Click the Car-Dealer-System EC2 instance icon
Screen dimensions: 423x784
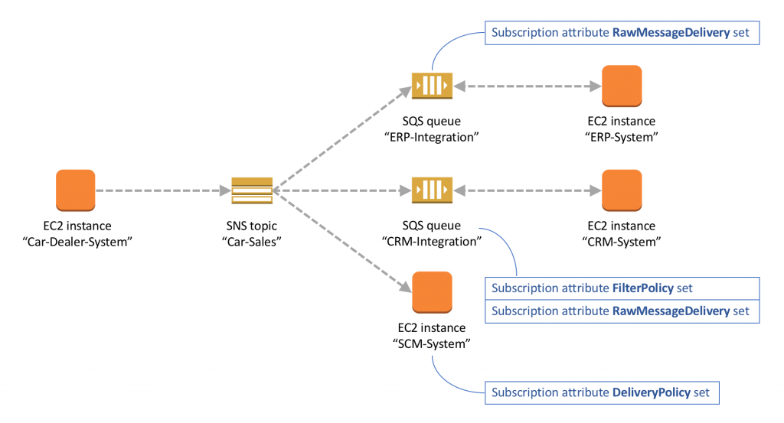(x=75, y=189)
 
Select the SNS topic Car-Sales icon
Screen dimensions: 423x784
(x=252, y=190)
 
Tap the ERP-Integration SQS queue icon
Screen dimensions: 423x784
(x=432, y=85)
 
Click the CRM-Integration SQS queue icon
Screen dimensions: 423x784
(x=432, y=190)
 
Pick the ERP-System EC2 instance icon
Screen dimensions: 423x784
(x=621, y=85)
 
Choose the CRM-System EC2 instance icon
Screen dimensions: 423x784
(x=621, y=189)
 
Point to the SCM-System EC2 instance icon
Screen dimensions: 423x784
(x=432, y=292)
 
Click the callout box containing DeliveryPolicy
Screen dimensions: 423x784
(x=602, y=393)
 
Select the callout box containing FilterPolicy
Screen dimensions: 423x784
(x=622, y=288)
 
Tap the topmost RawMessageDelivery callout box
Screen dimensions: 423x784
(x=622, y=33)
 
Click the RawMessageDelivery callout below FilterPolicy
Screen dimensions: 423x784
(x=622, y=311)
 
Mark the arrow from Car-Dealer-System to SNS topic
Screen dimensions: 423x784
(x=162, y=190)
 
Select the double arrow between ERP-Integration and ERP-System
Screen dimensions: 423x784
(x=527, y=85)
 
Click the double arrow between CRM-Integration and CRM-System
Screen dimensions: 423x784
(x=527, y=190)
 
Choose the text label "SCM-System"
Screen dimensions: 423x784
(x=432, y=343)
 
